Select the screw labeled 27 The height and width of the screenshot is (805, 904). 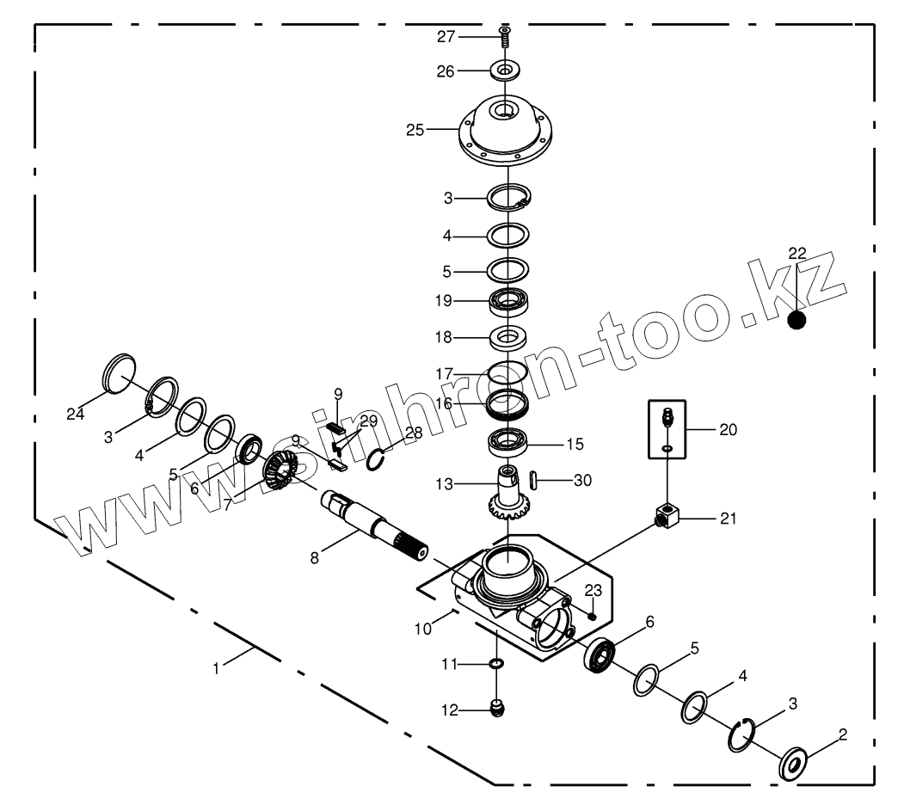(504, 36)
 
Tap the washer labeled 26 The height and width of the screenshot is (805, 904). (504, 69)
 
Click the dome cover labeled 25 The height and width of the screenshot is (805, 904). (504, 133)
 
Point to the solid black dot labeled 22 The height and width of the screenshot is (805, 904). (798, 320)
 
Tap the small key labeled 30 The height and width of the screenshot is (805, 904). (532, 479)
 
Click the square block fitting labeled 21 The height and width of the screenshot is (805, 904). (666, 518)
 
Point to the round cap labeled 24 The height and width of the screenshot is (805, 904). (120, 375)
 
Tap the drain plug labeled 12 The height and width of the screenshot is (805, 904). (496, 710)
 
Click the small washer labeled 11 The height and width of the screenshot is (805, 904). (496, 664)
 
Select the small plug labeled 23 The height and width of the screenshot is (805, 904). (592, 615)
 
